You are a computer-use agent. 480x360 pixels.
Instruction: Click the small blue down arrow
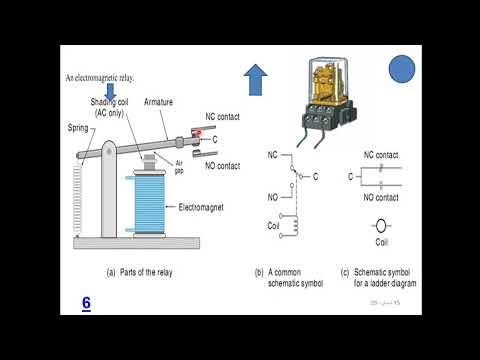click(111, 89)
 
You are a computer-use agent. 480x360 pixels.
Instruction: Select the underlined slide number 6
click(87, 301)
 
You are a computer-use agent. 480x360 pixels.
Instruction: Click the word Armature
click(162, 100)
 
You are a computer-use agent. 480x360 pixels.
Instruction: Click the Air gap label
click(179, 166)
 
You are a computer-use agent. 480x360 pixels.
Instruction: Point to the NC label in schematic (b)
click(273, 155)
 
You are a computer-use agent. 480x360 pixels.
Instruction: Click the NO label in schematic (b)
click(273, 197)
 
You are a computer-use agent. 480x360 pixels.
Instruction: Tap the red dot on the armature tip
click(200, 132)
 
